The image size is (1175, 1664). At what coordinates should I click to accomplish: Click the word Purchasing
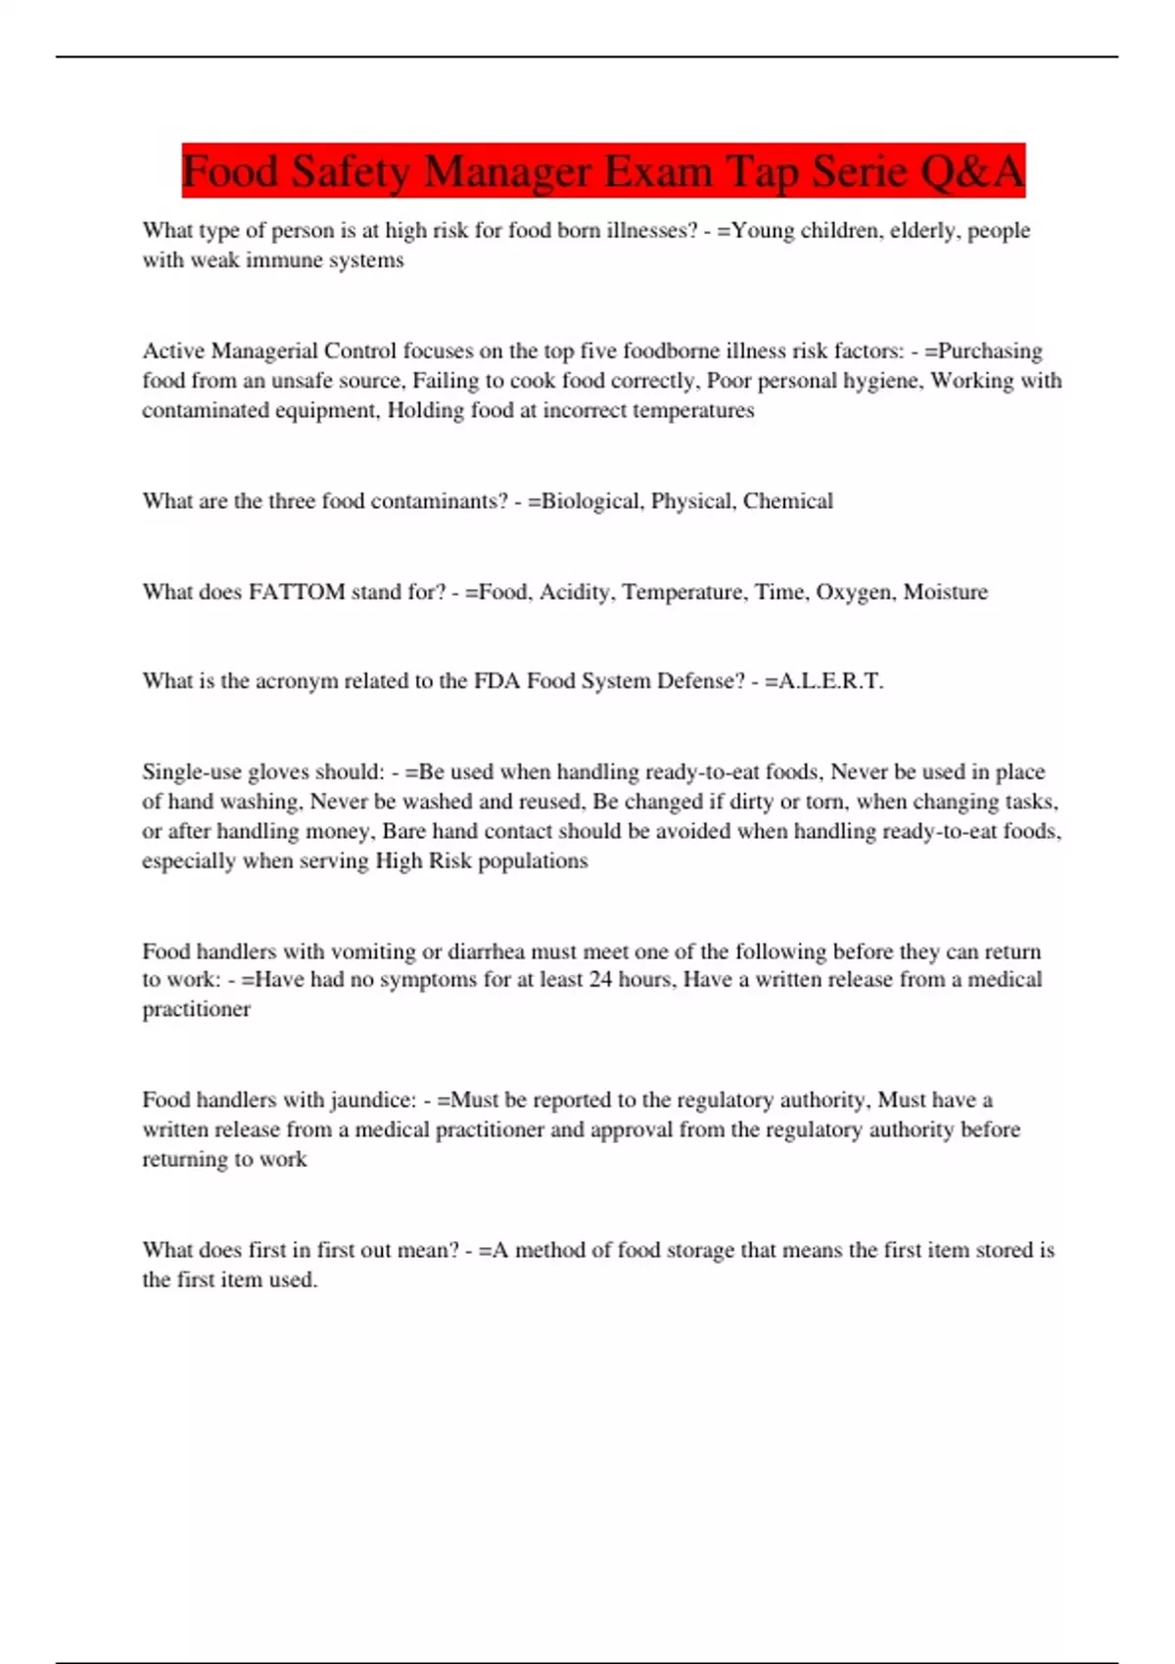point(990,350)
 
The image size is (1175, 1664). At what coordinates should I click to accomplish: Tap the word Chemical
point(787,501)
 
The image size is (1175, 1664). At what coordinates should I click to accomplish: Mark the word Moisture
point(945,592)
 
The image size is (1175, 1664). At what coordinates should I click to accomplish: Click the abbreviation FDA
point(496,681)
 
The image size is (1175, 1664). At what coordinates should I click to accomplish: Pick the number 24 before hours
point(600,980)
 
